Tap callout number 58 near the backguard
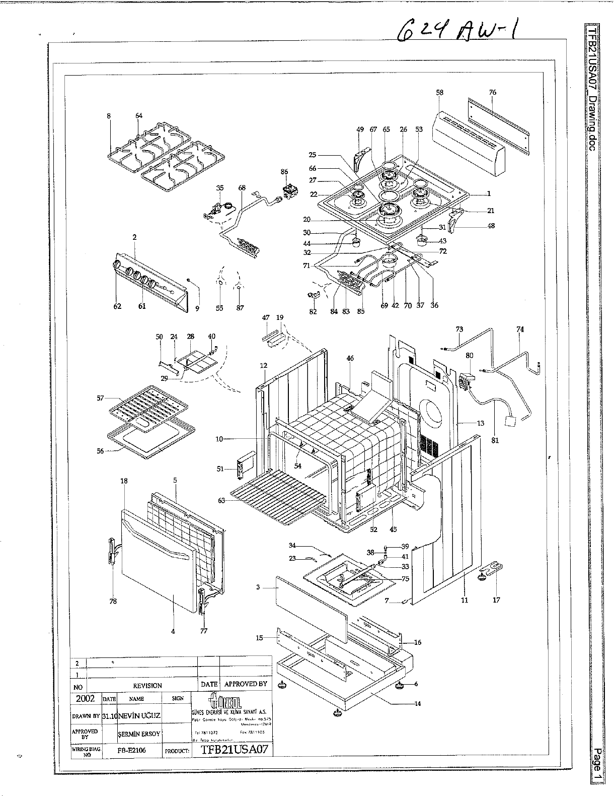tap(440, 93)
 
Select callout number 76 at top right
tap(492, 92)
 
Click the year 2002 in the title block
tap(85, 699)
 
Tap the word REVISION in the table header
tap(147, 686)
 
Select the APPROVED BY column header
tap(246, 684)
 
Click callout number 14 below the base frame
tap(417, 704)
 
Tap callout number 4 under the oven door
tap(173, 631)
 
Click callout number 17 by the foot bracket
tap(496, 601)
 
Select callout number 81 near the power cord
tap(495, 441)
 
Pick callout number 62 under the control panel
tap(117, 307)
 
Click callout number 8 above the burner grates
tap(109, 116)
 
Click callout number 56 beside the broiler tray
tap(101, 451)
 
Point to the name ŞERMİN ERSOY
tap(139, 734)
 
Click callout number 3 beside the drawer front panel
tap(258, 587)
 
